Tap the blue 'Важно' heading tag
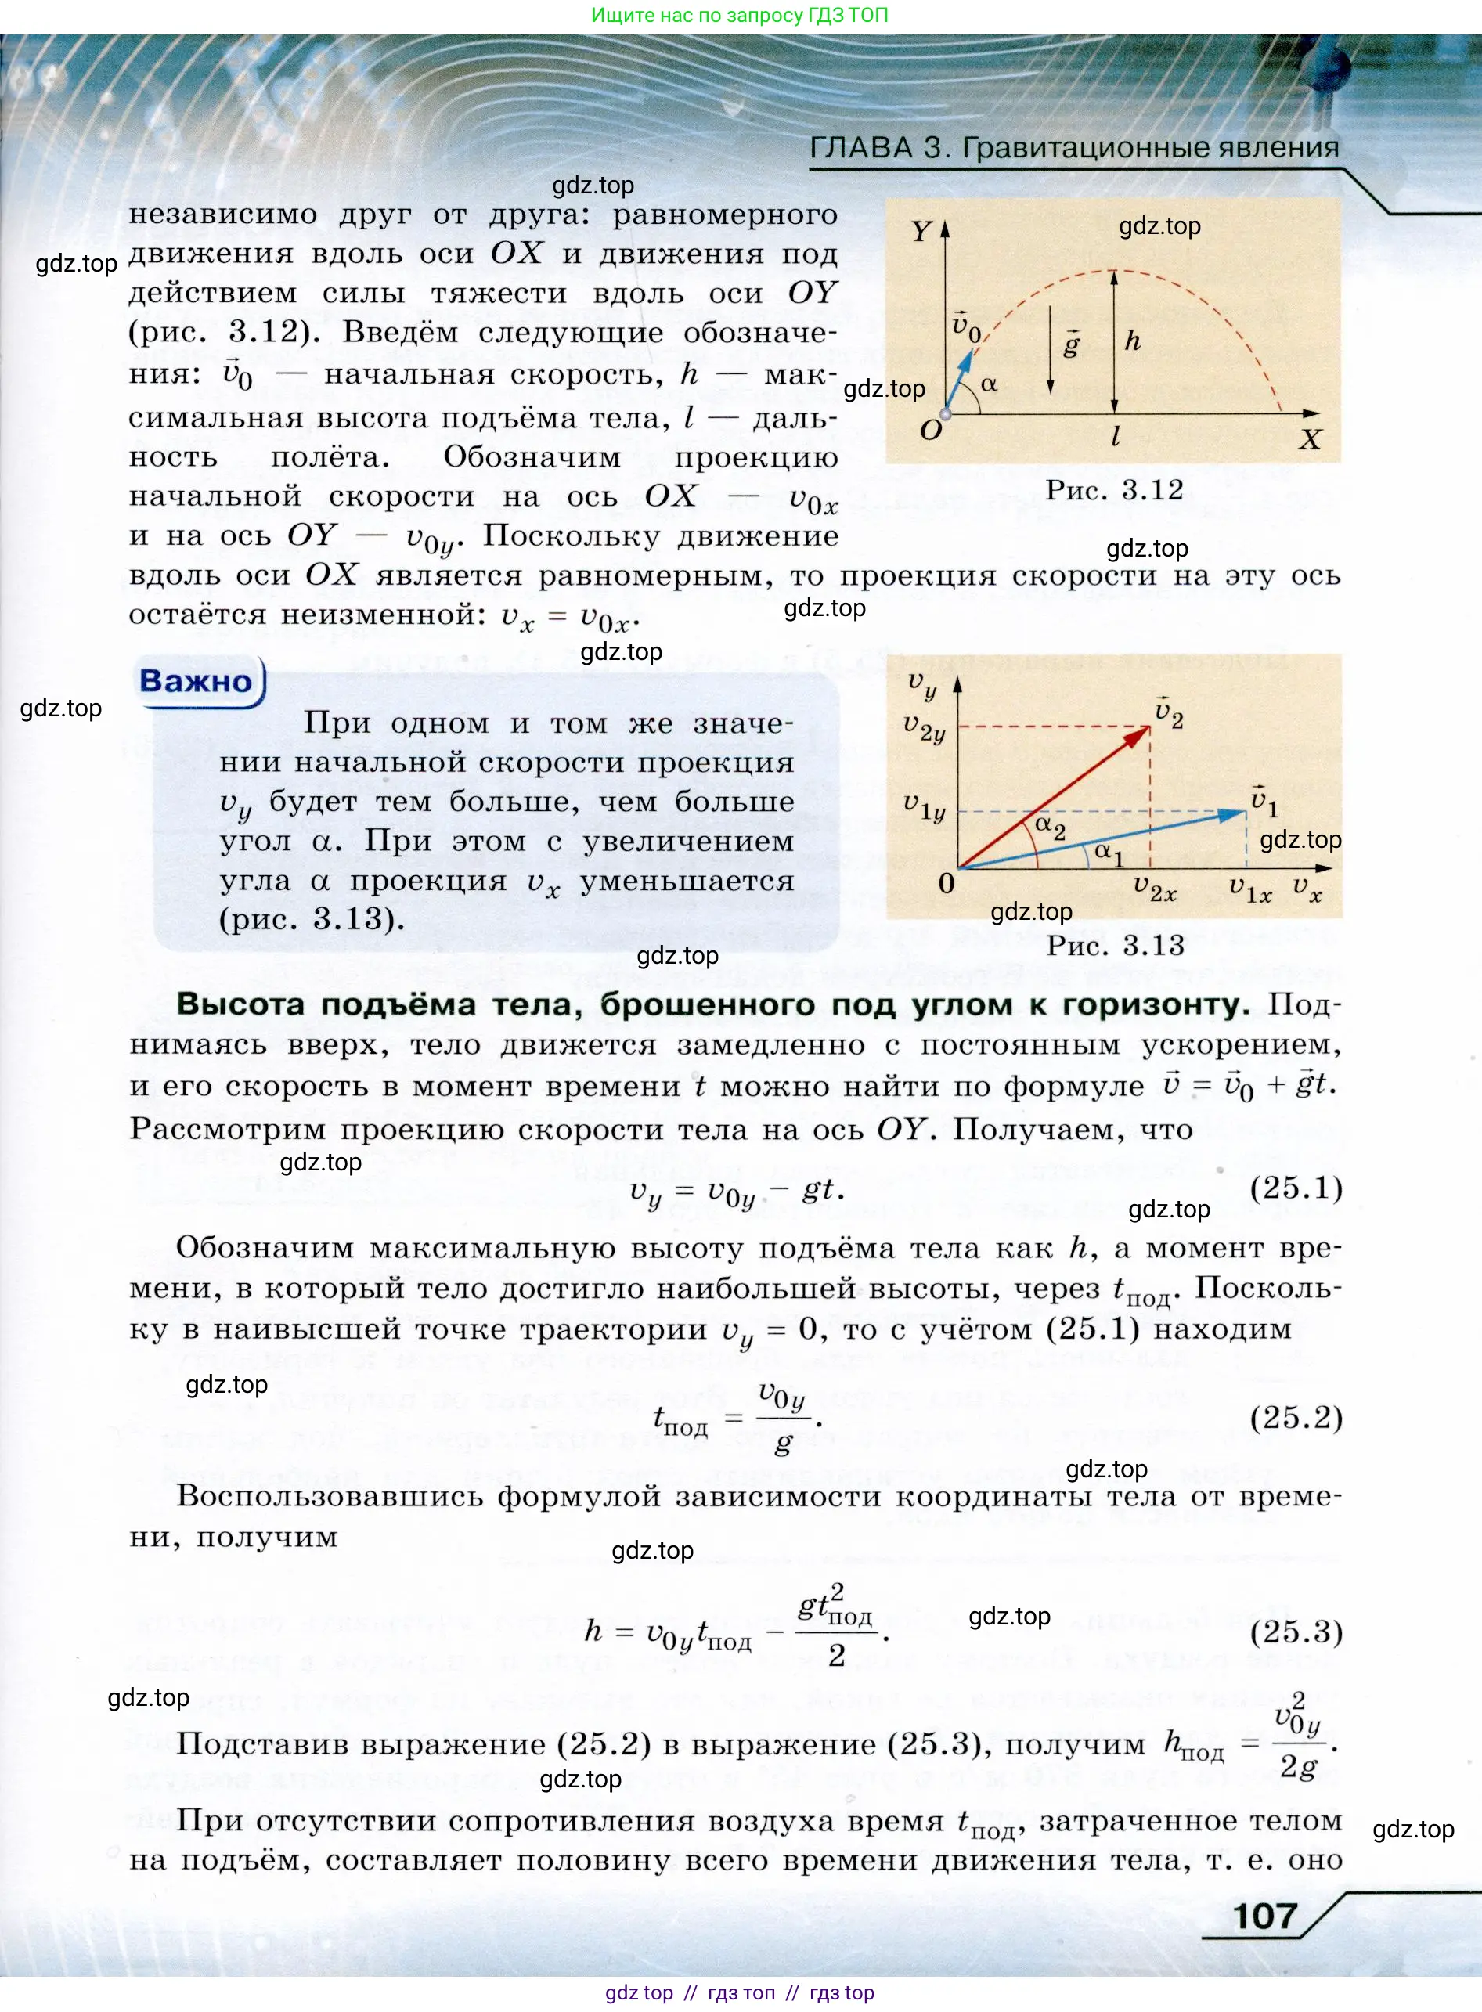pos(196,681)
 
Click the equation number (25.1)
pos(1296,1188)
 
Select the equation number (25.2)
pos(1296,1417)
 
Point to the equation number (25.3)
pos(1296,1631)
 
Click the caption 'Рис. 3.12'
pos(1114,490)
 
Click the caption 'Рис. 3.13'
pos(1115,946)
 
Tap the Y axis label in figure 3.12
pos(921,232)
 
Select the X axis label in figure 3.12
pos(1310,439)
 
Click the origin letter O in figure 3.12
pos(931,430)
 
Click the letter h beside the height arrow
pos(1133,341)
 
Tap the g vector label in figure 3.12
pos(1071,344)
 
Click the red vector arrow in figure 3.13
pos(1054,798)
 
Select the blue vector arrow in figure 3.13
pos(1103,839)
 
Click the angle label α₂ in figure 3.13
pos(1050,826)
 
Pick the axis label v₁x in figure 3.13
pos(1249,890)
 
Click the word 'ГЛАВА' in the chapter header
pos(860,147)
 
